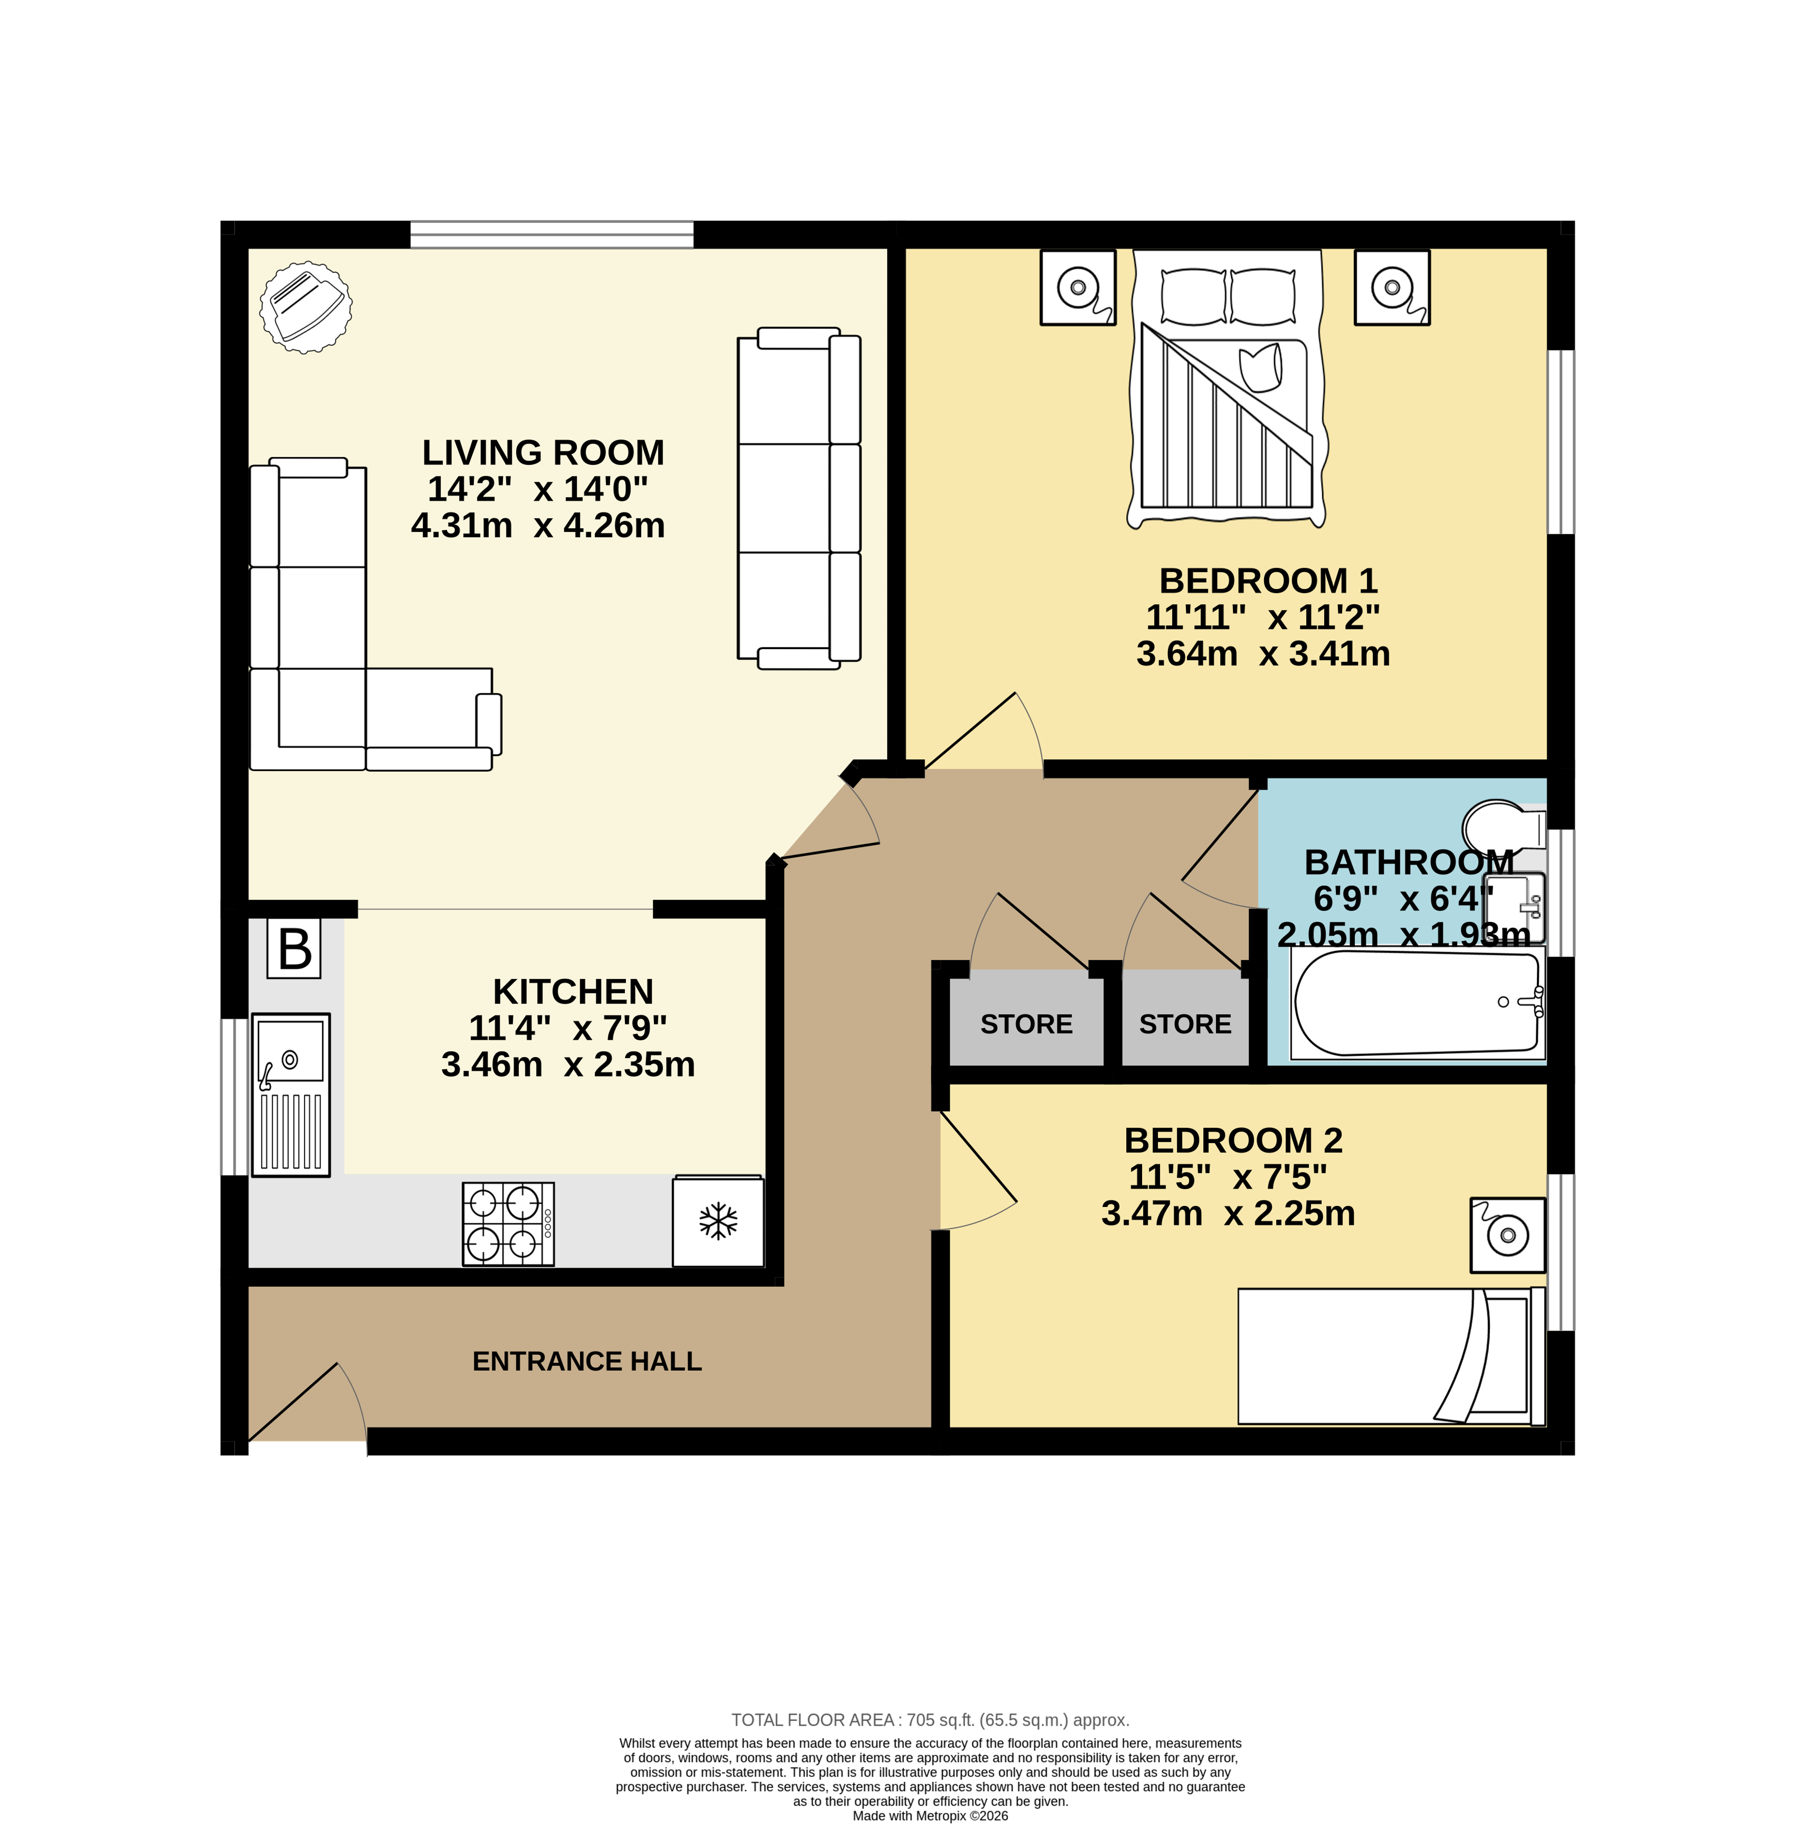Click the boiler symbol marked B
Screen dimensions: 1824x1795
tap(294, 949)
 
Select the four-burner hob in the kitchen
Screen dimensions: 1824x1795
tap(507, 1223)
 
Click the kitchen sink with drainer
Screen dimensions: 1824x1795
tap(290, 1094)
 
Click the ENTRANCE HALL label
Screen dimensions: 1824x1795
tap(587, 1361)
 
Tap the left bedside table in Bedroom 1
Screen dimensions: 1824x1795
tap(1078, 288)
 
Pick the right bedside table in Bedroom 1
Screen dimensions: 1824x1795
tap(1392, 288)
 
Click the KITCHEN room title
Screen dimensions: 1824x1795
tap(572, 992)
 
